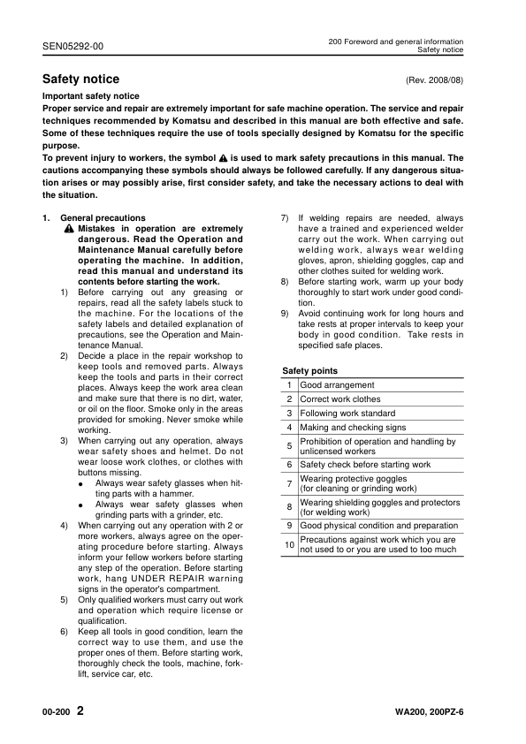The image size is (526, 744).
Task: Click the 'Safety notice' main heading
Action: [x=80, y=80]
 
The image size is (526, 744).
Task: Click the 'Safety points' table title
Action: [x=309, y=371]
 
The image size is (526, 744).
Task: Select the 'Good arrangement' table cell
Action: [x=337, y=385]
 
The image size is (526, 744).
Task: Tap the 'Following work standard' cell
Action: [x=347, y=414]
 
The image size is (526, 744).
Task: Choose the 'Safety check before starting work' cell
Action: [x=365, y=465]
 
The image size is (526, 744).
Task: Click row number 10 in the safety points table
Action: [x=289, y=545]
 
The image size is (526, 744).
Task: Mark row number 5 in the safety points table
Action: [x=289, y=446]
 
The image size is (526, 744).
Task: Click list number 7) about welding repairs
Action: [x=285, y=217]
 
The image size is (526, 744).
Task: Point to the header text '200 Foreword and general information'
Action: [x=395, y=42]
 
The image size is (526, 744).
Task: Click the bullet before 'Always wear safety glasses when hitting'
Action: [x=80, y=483]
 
